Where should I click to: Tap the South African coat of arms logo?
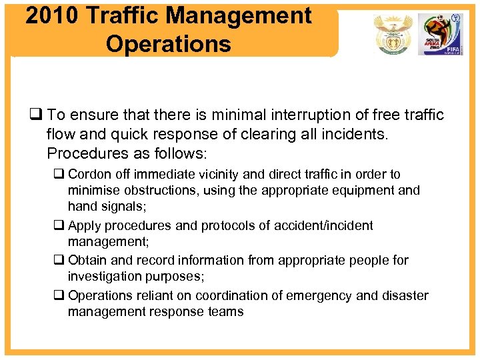coord(390,34)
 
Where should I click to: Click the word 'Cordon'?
coord(89,174)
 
